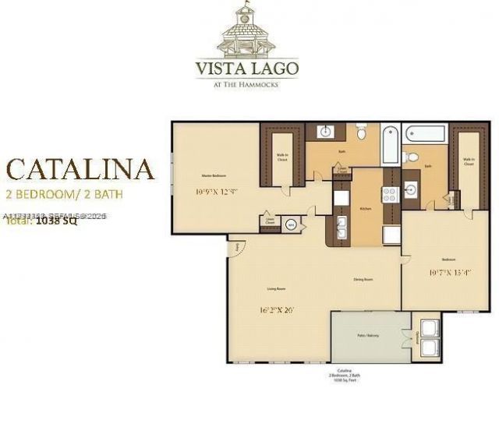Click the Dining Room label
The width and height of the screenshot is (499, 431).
[x=363, y=279]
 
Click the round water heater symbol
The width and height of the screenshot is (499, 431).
[x=291, y=225]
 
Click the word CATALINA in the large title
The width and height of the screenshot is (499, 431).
[x=80, y=169]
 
